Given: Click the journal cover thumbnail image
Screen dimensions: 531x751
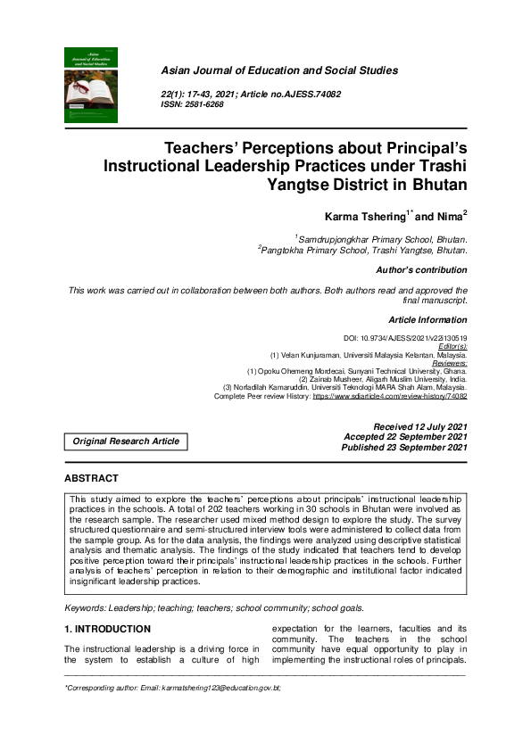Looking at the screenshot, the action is (91, 85).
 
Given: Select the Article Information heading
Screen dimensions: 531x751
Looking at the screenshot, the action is (427, 319).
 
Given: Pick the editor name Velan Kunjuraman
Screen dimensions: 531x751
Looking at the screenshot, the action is (311, 355).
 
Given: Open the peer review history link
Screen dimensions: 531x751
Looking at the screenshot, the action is (388, 396).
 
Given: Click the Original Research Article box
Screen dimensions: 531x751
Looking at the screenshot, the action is (126, 441).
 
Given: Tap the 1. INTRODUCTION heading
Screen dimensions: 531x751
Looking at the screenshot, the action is (107, 629).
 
